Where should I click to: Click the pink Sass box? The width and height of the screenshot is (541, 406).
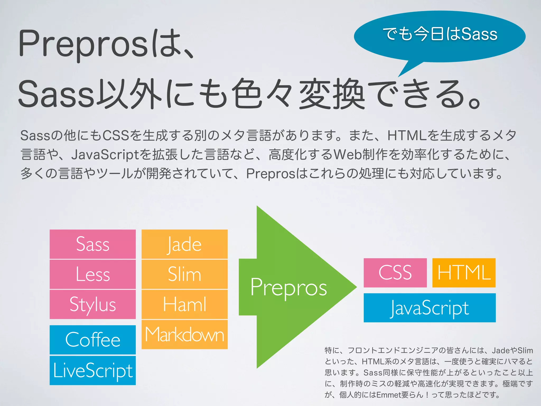point(92,244)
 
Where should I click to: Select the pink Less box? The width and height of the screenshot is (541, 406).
point(92,274)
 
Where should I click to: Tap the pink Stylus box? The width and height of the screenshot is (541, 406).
point(92,304)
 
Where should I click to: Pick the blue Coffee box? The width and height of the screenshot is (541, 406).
point(92,340)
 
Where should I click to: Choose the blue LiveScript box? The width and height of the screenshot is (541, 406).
point(92,370)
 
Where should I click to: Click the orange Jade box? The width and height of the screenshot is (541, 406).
point(184,244)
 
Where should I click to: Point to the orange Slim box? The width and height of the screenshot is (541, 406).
point(184,274)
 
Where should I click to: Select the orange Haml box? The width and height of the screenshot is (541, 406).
point(184,304)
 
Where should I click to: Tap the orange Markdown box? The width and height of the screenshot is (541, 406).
point(184,334)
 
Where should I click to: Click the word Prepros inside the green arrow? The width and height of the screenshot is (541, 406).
point(288,288)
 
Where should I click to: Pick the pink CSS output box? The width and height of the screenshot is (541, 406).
point(395,273)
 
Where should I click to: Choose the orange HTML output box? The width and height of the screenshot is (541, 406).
point(464,273)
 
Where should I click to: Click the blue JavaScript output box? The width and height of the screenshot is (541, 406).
point(430,308)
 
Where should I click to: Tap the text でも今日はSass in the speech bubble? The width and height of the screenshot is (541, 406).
point(440,34)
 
